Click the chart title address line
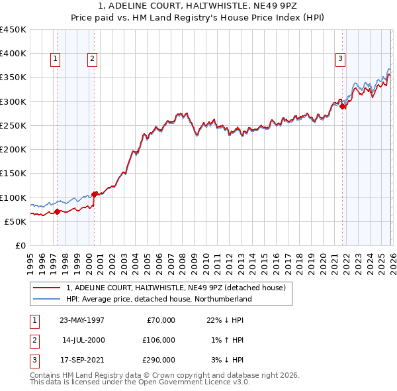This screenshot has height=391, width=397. [x=198, y=6]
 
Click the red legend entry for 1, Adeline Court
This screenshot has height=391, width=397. [x=175, y=288]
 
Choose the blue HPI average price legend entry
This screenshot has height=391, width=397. [x=159, y=299]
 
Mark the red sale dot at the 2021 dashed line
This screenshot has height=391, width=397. [x=343, y=106]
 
